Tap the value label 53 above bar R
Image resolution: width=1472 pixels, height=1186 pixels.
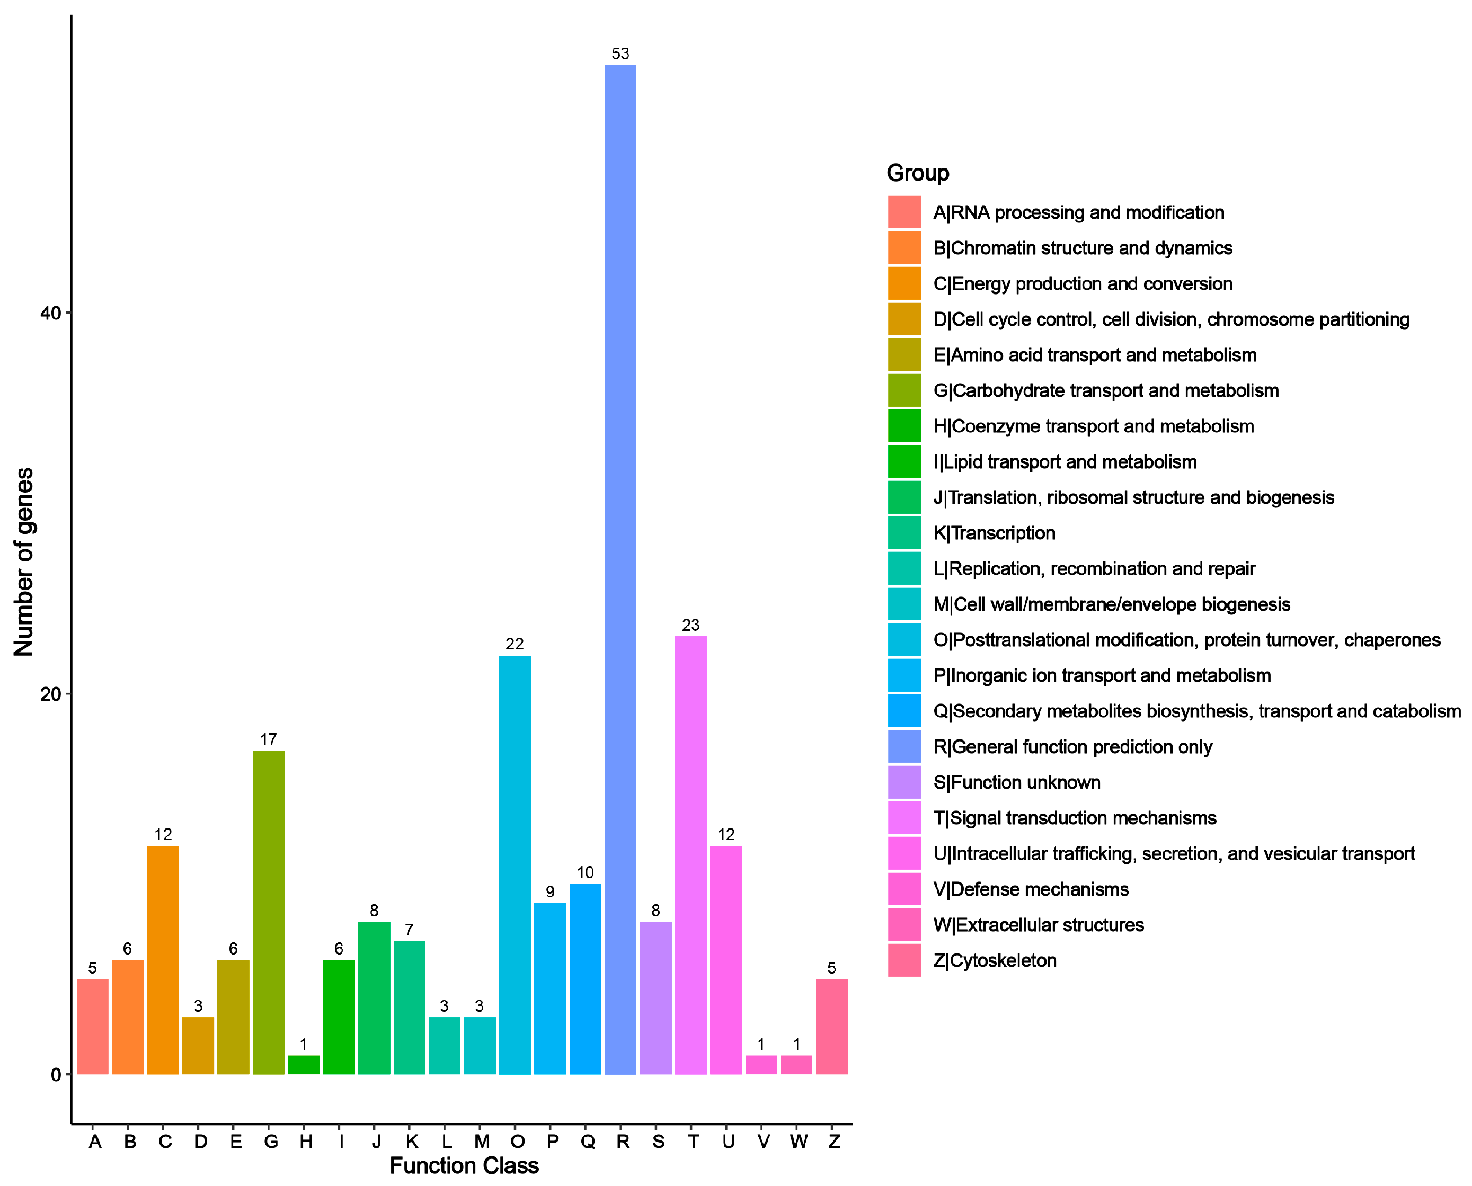pos(620,54)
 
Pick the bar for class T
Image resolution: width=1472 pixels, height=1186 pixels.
pos(691,854)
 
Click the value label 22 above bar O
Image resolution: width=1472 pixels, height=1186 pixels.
pos(515,644)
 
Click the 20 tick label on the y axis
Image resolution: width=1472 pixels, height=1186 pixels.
pos(50,694)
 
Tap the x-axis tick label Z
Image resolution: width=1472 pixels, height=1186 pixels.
pos(833,1142)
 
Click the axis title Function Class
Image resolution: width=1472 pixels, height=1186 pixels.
pos(464,1165)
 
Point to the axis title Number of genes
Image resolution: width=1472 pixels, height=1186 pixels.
pos(23,561)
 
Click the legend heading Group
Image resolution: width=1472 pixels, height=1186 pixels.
pos(917,173)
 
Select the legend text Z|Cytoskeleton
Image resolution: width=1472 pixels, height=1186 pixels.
pos(995,960)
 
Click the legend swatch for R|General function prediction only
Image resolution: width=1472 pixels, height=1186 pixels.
pos(904,747)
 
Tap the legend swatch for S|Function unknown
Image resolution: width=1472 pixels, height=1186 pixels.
pos(904,782)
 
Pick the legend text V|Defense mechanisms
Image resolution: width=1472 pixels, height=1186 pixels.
pos(1031,889)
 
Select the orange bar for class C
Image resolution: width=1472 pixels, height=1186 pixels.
pos(163,959)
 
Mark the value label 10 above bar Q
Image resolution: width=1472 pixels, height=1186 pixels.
pos(585,872)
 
